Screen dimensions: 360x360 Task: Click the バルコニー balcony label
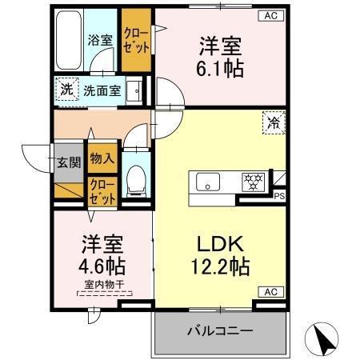pos(220,330)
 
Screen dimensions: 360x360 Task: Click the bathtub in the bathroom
pos(71,40)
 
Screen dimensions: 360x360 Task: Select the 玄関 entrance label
pos(68,162)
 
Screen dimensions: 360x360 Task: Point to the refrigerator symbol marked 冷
pos(274,123)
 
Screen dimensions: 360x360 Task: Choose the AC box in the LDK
pos(270,292)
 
